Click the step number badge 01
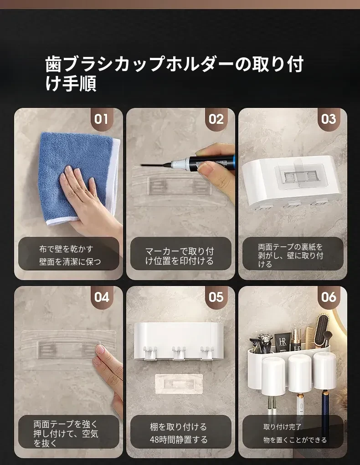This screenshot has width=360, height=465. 101,119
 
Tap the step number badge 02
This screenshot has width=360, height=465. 216,119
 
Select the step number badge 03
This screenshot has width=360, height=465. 328,119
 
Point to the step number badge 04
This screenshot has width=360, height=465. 101,297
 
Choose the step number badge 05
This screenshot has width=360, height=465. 216,297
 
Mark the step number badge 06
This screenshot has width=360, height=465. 328,297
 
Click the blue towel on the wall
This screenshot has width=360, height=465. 78,178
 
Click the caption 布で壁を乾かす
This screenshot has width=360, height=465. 66,249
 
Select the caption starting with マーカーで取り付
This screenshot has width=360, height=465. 180,256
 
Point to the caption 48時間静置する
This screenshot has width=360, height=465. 179,439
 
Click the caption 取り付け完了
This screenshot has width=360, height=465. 282,427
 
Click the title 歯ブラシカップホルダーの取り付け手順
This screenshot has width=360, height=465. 175,73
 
